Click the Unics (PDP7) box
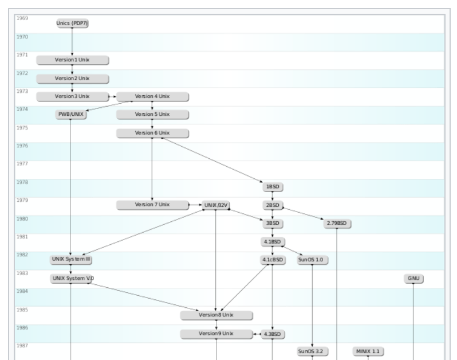click(x=72, y=24)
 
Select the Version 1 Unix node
click(x=72, y=60)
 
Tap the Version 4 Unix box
click(x=152, y=96)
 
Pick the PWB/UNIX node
click(x=70, y=114)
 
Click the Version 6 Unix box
click(x=152, y=133)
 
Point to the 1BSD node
click(x=272, y=187)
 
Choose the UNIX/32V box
click(x=216, y=205)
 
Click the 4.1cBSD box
click(x=272, y=260)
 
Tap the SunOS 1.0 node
click(x=312, y=260)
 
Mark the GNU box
click(x=413, y=278)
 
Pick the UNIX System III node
click(x=72, y=260)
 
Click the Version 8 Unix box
click(x=216, y=315)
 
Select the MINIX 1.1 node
click(x=368, y=350)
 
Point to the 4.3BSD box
click(x=273, y=334)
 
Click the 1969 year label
click(x=22, y=18)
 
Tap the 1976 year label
click(x=22, y=145)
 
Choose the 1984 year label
click(x=22, y=291)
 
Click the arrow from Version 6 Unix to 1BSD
click(x=212, y=160)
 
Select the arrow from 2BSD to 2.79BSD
click(x=304, y=213)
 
